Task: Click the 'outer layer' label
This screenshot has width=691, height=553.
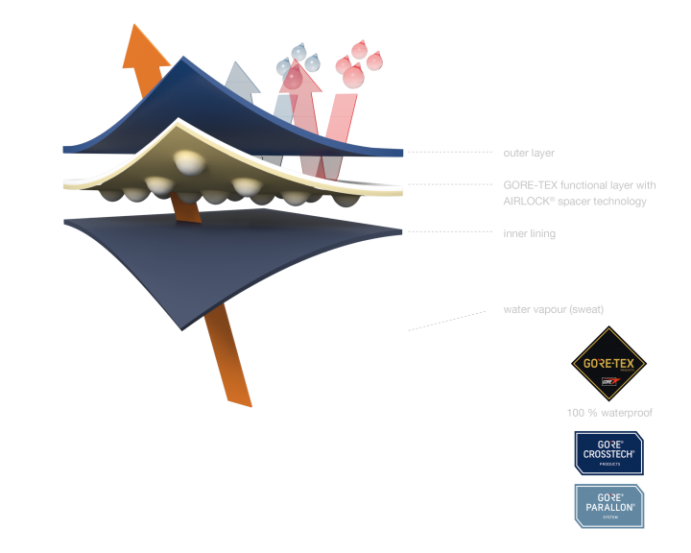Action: pos(529,153)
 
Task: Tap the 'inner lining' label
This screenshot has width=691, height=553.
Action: pos(529,233)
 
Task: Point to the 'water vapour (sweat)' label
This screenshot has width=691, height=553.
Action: pos(553,309)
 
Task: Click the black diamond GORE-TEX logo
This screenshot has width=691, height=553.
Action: pos(608,365)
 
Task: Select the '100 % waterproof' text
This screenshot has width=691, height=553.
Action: pos(609,412)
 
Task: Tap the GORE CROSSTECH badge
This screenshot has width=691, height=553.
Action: pos(608,451)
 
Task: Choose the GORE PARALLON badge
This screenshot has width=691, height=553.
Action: pos(608,506)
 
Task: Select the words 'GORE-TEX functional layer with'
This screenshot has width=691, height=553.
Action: pos(579,184)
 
